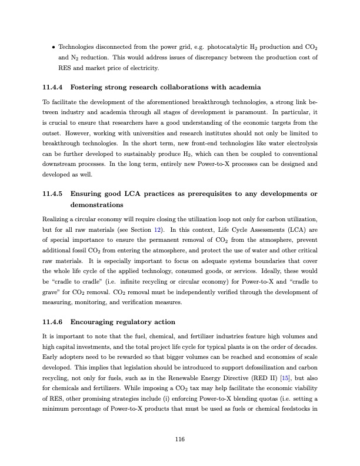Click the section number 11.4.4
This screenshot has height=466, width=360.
click(54, 88)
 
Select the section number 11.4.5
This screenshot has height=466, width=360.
click(54, 194)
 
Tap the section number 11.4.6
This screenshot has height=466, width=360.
click(54, 322)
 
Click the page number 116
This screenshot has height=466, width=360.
click(181, 438)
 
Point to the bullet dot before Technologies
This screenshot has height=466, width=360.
click(54, 46)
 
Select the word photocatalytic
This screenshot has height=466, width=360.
click(216, 46)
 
